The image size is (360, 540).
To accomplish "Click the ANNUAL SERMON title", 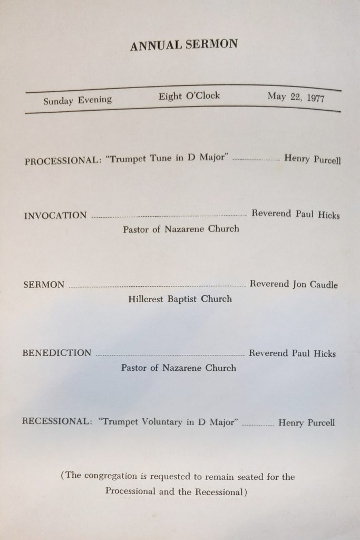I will (184, 45).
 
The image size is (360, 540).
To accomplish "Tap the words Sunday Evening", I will (77, 100).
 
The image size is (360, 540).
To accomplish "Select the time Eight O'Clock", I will (189, 97).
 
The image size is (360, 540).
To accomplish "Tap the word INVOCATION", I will (55, 215).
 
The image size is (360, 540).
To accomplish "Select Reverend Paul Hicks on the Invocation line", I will (296, 215).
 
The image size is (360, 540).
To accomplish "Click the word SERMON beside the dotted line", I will (44, 285).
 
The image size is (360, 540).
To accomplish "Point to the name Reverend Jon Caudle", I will (294, 285).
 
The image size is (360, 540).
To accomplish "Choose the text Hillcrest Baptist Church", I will (180, 299).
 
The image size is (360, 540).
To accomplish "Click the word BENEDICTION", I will (57, 353).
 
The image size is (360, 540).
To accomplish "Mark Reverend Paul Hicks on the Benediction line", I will (292, 353).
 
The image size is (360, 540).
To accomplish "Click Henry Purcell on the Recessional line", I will (306, 423).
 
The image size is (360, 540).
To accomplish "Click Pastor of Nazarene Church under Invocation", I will (181, 229).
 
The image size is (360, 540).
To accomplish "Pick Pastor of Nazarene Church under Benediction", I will (179, 368).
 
